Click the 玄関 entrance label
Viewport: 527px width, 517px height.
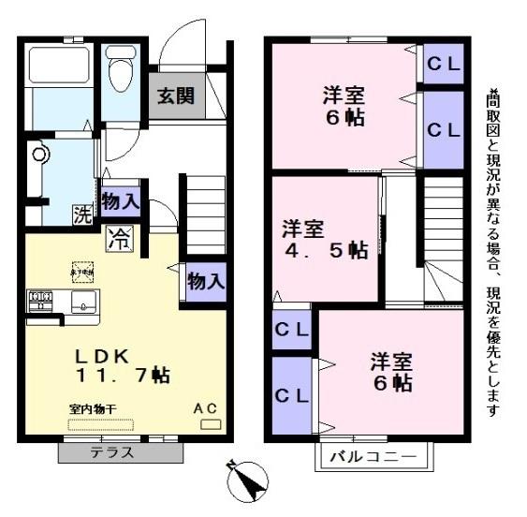click(x=175, y=95)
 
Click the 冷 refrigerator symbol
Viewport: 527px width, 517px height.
click(x=119, y=237)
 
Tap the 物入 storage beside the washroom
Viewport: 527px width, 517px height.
click(x=120, y=200)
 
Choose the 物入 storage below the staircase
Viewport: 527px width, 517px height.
click(x=206, y=280)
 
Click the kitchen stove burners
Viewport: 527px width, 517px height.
click(x=41, y=302)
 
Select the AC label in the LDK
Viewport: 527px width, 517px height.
click(x=206, y=408)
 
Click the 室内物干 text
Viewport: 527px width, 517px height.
click(x=92, y=409)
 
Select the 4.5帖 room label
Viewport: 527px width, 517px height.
click(x=323, y=240)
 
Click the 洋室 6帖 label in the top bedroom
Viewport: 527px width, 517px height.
click(x=344, y=107)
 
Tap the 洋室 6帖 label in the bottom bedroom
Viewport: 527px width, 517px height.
click(x=390, y=372)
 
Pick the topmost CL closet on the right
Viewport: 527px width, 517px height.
click(x=443, y=64)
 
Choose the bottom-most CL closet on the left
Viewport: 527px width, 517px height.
click(x=291, y=394)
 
